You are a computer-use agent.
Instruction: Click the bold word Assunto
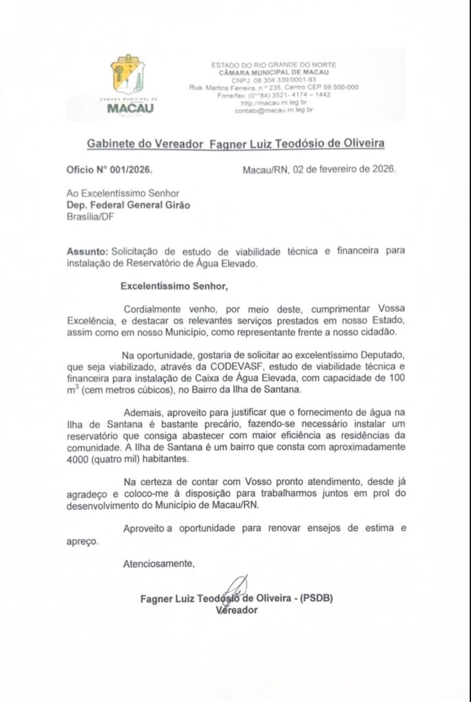click(x=87, y=252)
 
